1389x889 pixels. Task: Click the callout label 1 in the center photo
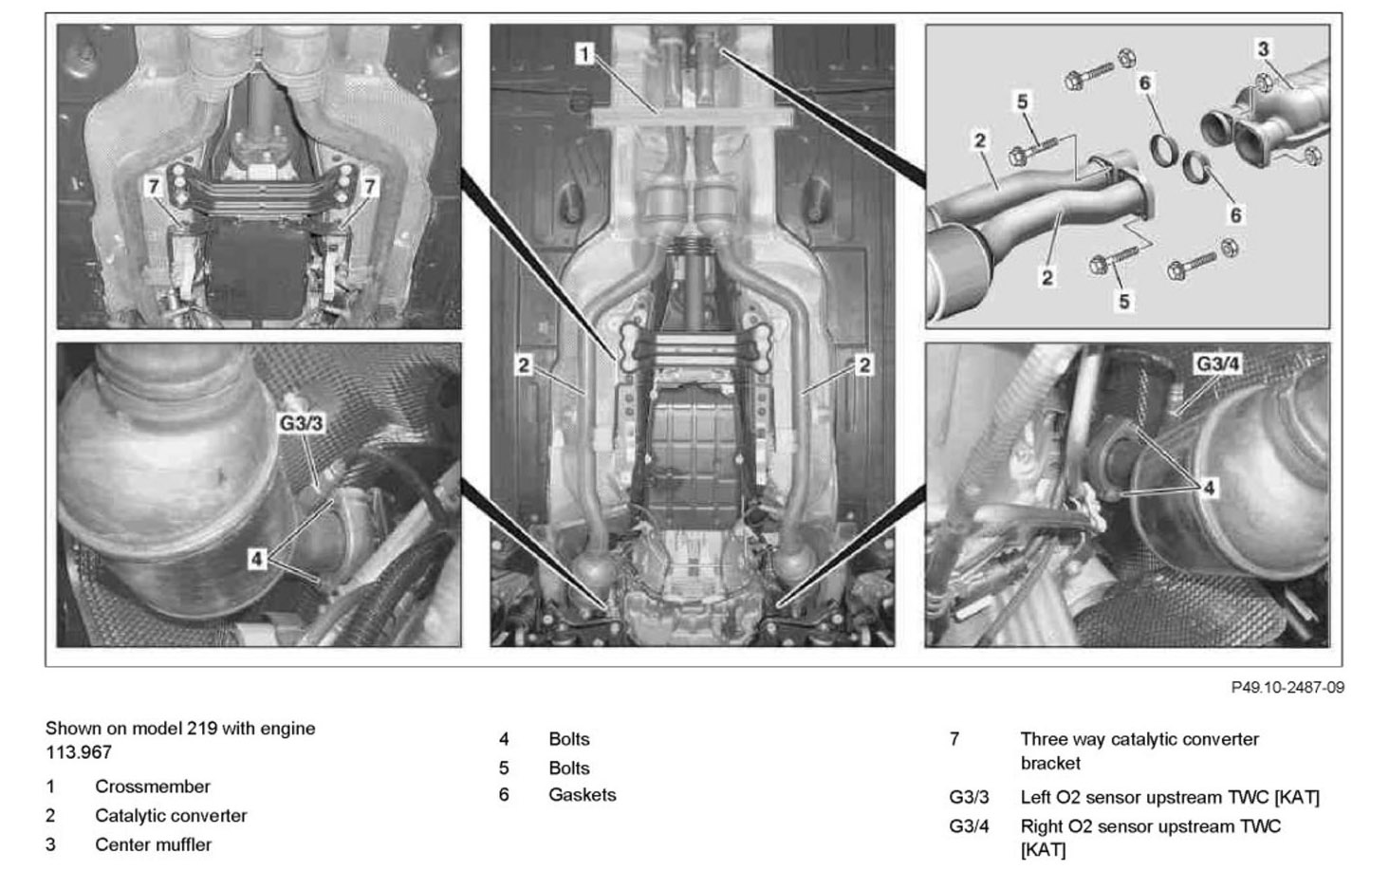tap(585, 54)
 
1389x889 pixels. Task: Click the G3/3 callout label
tap(301, 423)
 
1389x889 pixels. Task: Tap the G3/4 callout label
tap(1217, 363)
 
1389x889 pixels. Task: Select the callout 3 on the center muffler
tap(1263, 48)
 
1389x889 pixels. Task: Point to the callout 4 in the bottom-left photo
tap(257, 559)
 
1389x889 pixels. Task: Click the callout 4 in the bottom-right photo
tap(1209, 488)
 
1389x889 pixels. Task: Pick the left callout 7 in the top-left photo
tap(153, 187)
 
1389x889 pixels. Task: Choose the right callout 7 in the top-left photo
tap(370, 187)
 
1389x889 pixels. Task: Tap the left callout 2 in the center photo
tap(524, 364)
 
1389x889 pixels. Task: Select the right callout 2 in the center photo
tap(863, 364)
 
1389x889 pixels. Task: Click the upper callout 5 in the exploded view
tap(1022, 101)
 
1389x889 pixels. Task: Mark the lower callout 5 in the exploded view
tap(1124, 302)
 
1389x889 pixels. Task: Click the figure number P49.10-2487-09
tap(1287, 687)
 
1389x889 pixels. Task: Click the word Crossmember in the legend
tap(152, 787)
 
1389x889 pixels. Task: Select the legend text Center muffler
tap(153, 844)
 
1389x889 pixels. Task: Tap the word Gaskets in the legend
tap(582, 795)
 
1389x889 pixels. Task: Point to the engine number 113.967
tap(79, 752)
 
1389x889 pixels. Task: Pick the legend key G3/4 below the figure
tap(969, 826)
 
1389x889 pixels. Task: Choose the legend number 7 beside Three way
tap(954, 739)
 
